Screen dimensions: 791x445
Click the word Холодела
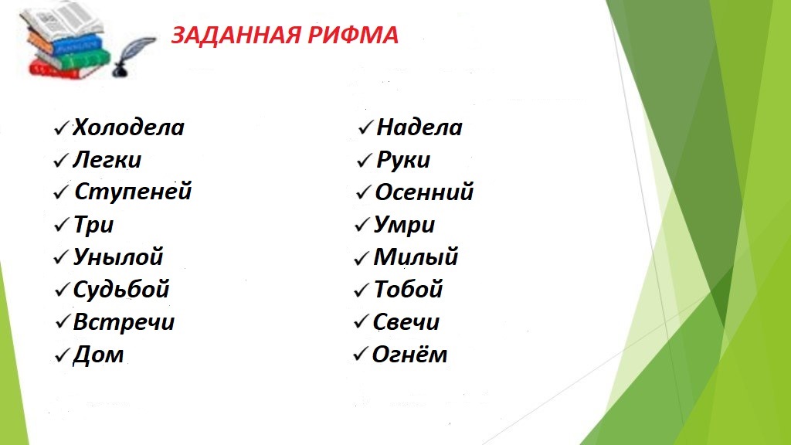coord(129,127)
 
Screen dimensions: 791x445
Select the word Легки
coord(107,160)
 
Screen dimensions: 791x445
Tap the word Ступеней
coord(133,192)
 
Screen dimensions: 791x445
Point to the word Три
coord(93,225)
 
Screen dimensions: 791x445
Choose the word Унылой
coord(118,256)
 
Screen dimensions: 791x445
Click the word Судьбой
coord(121,290)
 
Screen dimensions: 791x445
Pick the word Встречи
coord(124,322)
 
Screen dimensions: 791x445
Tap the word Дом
coord(98,354)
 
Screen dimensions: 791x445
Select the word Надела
coord(419,127)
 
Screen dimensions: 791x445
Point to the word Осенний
coord(424,192)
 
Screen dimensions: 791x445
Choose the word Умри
coord(404,225)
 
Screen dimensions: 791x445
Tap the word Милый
coord(416,256)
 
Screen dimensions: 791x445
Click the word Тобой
coord(408,290)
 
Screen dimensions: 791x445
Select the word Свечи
coord(406,322)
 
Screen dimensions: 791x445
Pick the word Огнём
coord(409,354)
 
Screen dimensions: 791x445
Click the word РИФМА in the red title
coord(352,36)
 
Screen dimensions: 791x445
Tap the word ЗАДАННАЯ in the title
coord(236,36)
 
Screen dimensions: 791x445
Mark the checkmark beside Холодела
coord(61,128)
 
